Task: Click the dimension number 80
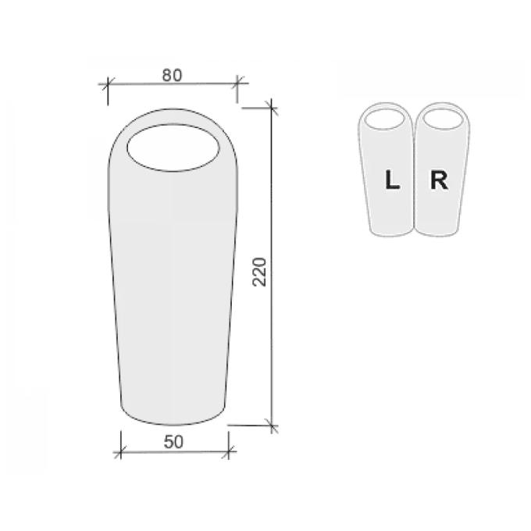click(172, 75)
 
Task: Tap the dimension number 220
click(260, 272)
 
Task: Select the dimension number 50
click(173, 442)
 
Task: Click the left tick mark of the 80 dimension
click(108, 84)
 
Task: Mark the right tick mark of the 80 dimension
click(237, 83)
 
